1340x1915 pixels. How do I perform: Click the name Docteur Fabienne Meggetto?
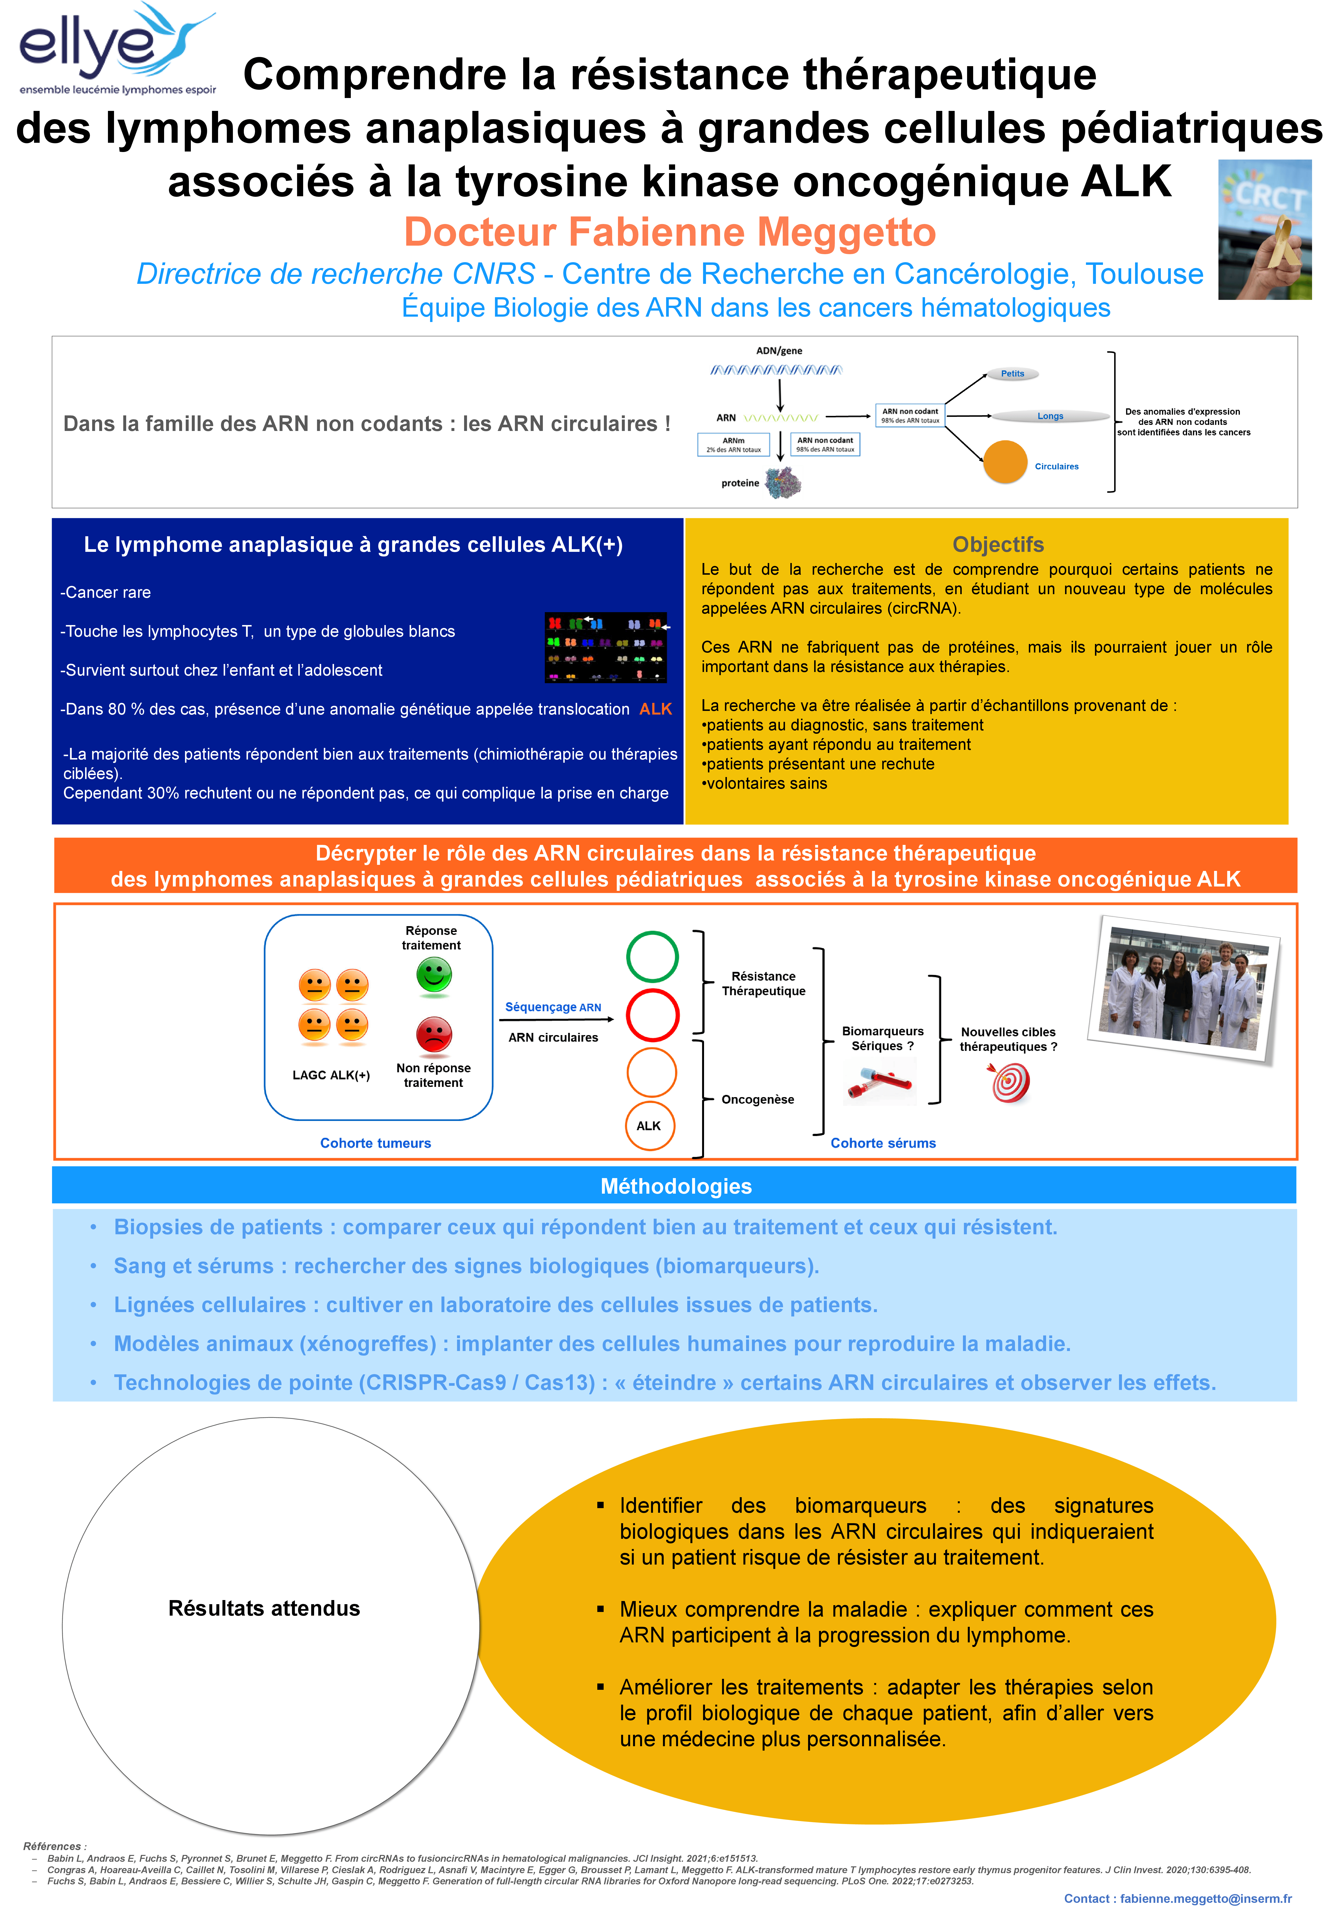[670, 232]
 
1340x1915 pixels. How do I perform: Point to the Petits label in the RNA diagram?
[1012, 374]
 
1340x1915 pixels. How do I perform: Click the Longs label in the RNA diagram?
[1050, 416]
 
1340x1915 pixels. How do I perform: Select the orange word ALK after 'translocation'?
[655, 709]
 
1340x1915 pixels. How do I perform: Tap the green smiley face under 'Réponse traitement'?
[434, 974]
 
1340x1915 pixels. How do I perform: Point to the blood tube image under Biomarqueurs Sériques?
[880, 1082]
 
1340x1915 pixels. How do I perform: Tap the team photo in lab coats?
[1187, 989]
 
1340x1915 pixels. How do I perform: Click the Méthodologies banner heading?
[675, 1186]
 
